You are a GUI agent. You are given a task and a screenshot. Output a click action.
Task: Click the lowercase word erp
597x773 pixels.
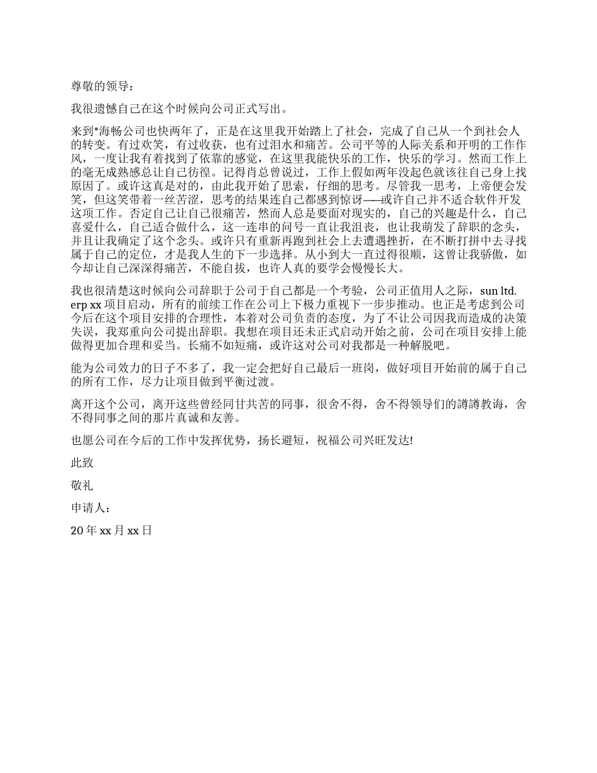point(80,305)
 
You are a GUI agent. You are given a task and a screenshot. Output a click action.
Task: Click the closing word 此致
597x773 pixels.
point(82,463)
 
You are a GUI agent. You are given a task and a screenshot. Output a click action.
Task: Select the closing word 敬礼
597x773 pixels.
point(82,486)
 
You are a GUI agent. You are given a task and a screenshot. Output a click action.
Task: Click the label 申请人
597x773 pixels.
point(89,508)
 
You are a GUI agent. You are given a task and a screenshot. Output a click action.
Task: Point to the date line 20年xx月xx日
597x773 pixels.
point(111,530)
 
